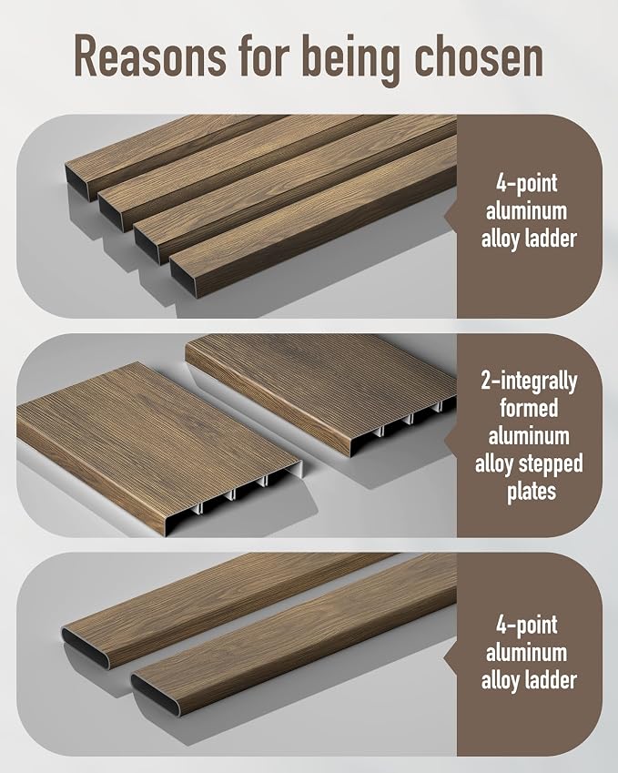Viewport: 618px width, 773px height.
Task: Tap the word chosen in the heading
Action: (x=479, y=56)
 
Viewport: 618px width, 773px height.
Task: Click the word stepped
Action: (x=554, y=464)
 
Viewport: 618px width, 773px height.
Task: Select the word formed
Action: (x=529, y=409)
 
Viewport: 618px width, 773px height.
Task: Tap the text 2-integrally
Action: (x=529, y=381)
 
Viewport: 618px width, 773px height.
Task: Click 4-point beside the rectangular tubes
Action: (x=527, y=183)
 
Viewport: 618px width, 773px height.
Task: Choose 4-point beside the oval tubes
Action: (x=527, y=626)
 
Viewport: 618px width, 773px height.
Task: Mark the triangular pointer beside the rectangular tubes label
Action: (x=451, y=215)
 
